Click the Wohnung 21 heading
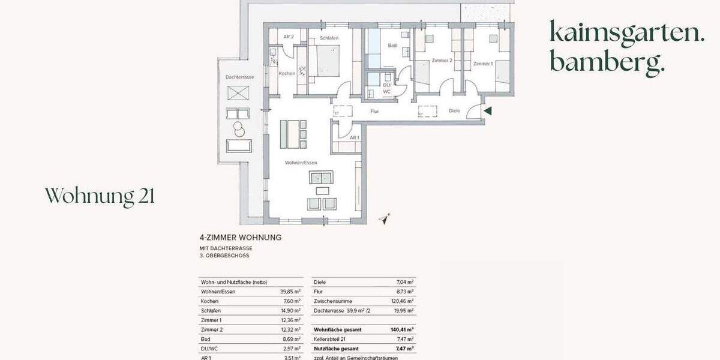pyautogui.click(x=100, y=196)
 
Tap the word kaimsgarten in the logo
pyautogui.click(x=627, y=33)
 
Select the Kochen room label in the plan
pyautogui.click(x=286, y=73)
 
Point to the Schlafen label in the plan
pyautogui.click(x=329, y=38)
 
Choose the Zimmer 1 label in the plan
pyautogui.click(x=482, y=64)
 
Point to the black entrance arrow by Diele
pyautogui.click(x=488, y=110)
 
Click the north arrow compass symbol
pyautogui.click(x=385, y=220)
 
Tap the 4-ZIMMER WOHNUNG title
pyautogui.click(x=240, y=238)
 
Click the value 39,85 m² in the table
pyautogui.click(x=290, y=291)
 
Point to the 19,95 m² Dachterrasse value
pyautogui.click(x=403, y=311)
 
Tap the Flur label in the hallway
pyautogui.click(x=374, y=111)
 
